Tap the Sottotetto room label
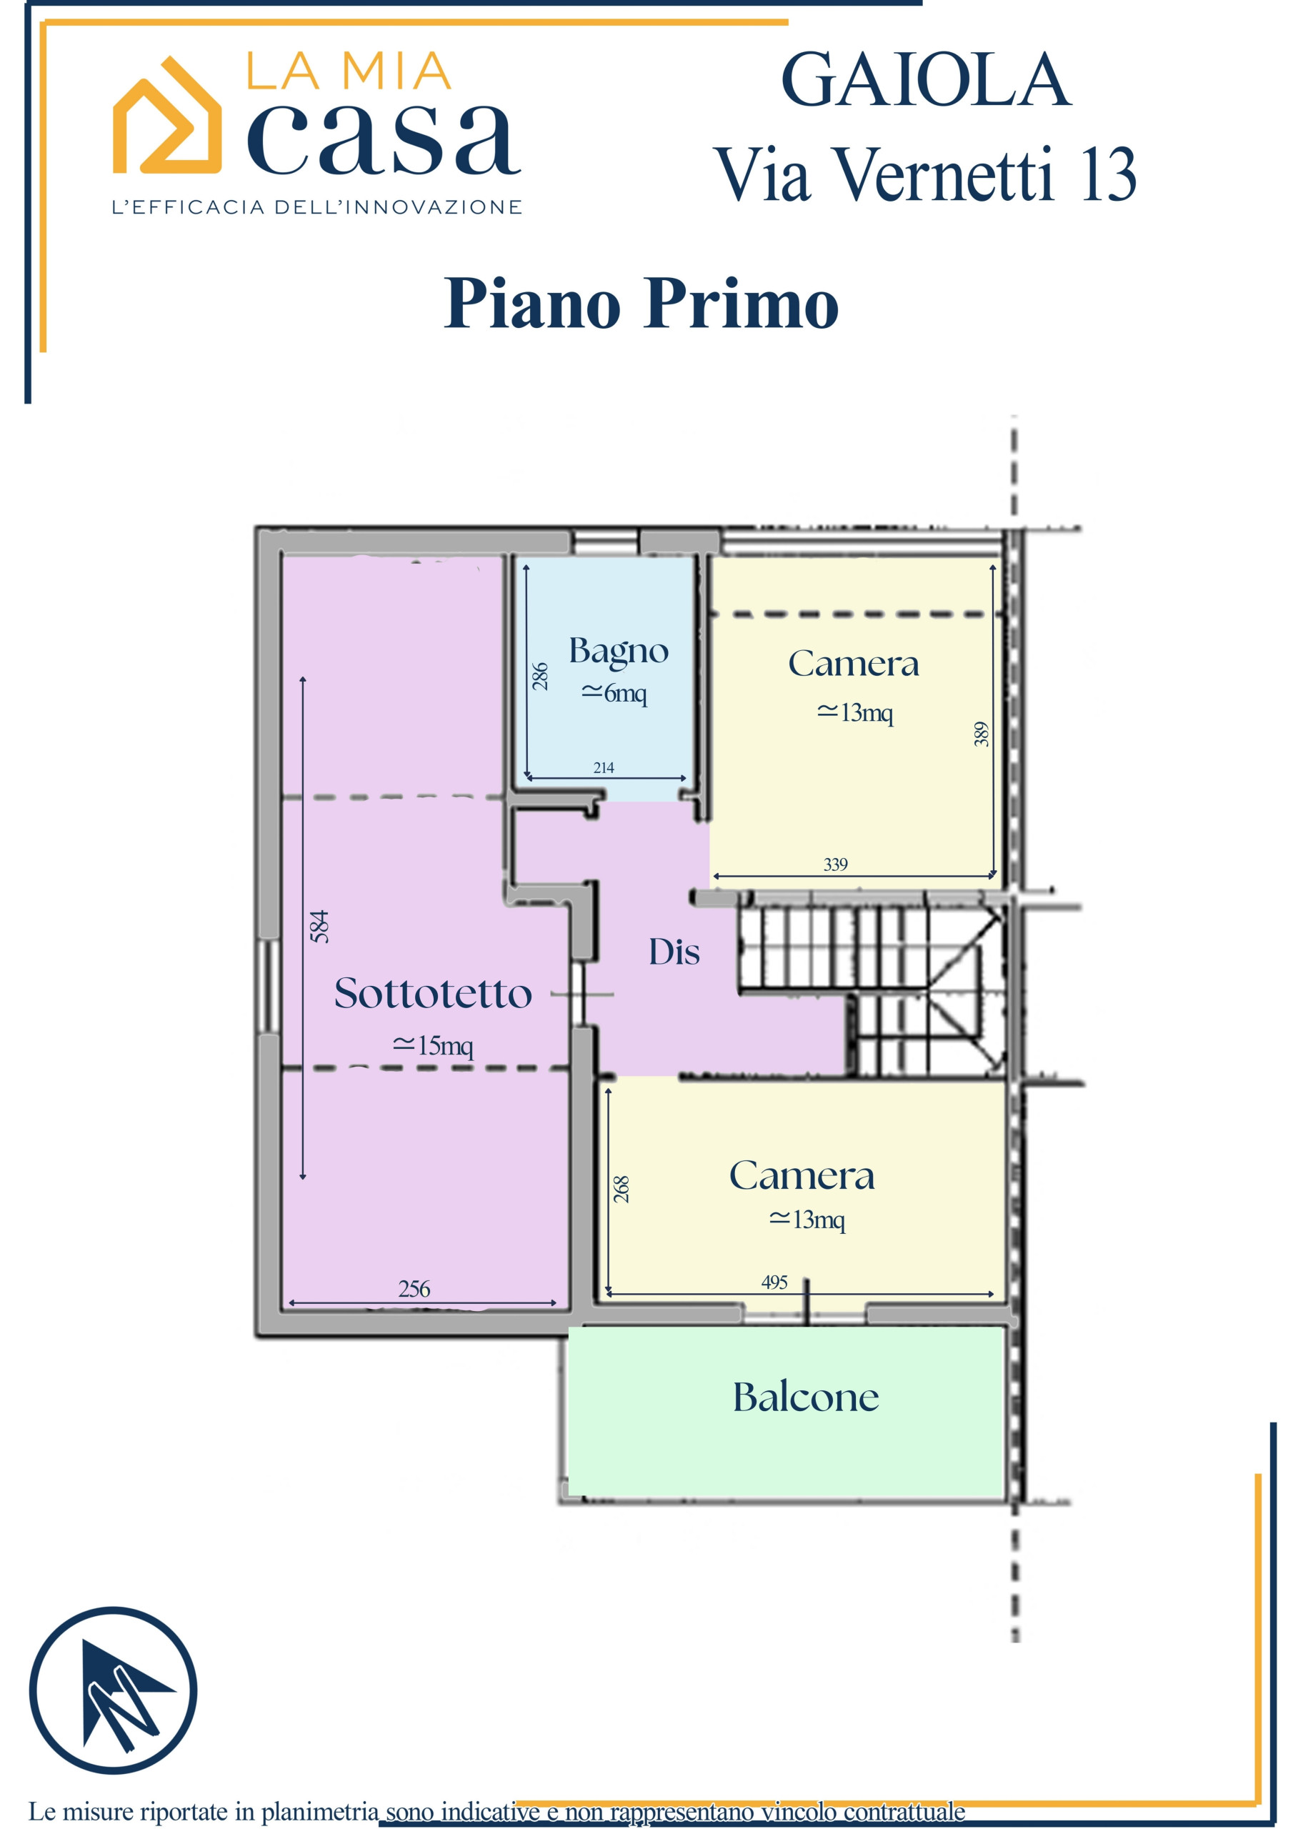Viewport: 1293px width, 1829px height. pyautogui.click(x=433, y=993)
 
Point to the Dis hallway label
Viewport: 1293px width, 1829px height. pyautogui.click(x=674, y=952)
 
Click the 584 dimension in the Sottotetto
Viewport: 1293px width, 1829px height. pyautogui.click(x=319, y=927)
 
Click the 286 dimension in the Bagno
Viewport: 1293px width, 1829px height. pyautogui.click(x=540, y=677)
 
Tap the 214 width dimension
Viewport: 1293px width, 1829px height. pyautogui.click(x=604, y=767)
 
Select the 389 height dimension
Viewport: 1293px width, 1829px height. pyautogui.click(x=982, y=734)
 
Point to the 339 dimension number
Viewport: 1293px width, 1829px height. pyautogui.click(x=836, y=864)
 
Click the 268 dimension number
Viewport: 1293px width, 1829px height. pyautogui.click(x=621, y=1189)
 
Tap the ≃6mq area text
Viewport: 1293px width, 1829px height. pyautogui.click(x=614, y=693)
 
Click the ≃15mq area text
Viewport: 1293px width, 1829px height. pyautogui.click(x=433, y=1045)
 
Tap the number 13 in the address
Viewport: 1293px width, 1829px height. pyautogui.click(x=1107, y=174)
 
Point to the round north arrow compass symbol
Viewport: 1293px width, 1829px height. pyautogui.click(x=113, y=1690)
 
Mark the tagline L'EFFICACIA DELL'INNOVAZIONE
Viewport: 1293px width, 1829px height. pyautogui.click(x=317, y=207)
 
